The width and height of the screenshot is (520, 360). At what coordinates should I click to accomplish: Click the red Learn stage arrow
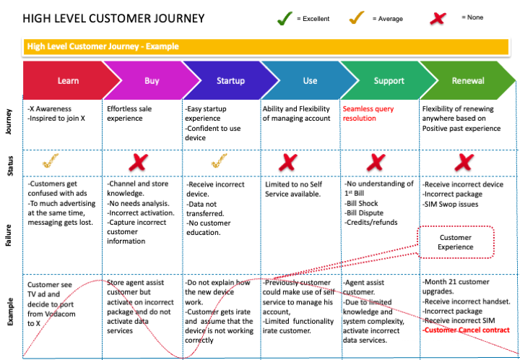65,81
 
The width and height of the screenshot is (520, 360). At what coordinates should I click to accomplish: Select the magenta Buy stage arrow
149,81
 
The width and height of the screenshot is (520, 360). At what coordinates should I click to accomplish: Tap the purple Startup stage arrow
230,81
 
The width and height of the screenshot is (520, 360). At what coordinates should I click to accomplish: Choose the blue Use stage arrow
309,81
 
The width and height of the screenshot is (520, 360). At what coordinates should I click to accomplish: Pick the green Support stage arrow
389,81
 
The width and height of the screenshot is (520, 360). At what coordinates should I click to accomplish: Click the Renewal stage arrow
468,81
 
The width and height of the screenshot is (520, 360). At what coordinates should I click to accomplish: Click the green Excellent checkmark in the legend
285,18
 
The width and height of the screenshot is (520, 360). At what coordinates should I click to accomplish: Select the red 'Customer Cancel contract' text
467,330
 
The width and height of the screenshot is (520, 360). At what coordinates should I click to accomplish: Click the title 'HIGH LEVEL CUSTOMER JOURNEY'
113,18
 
